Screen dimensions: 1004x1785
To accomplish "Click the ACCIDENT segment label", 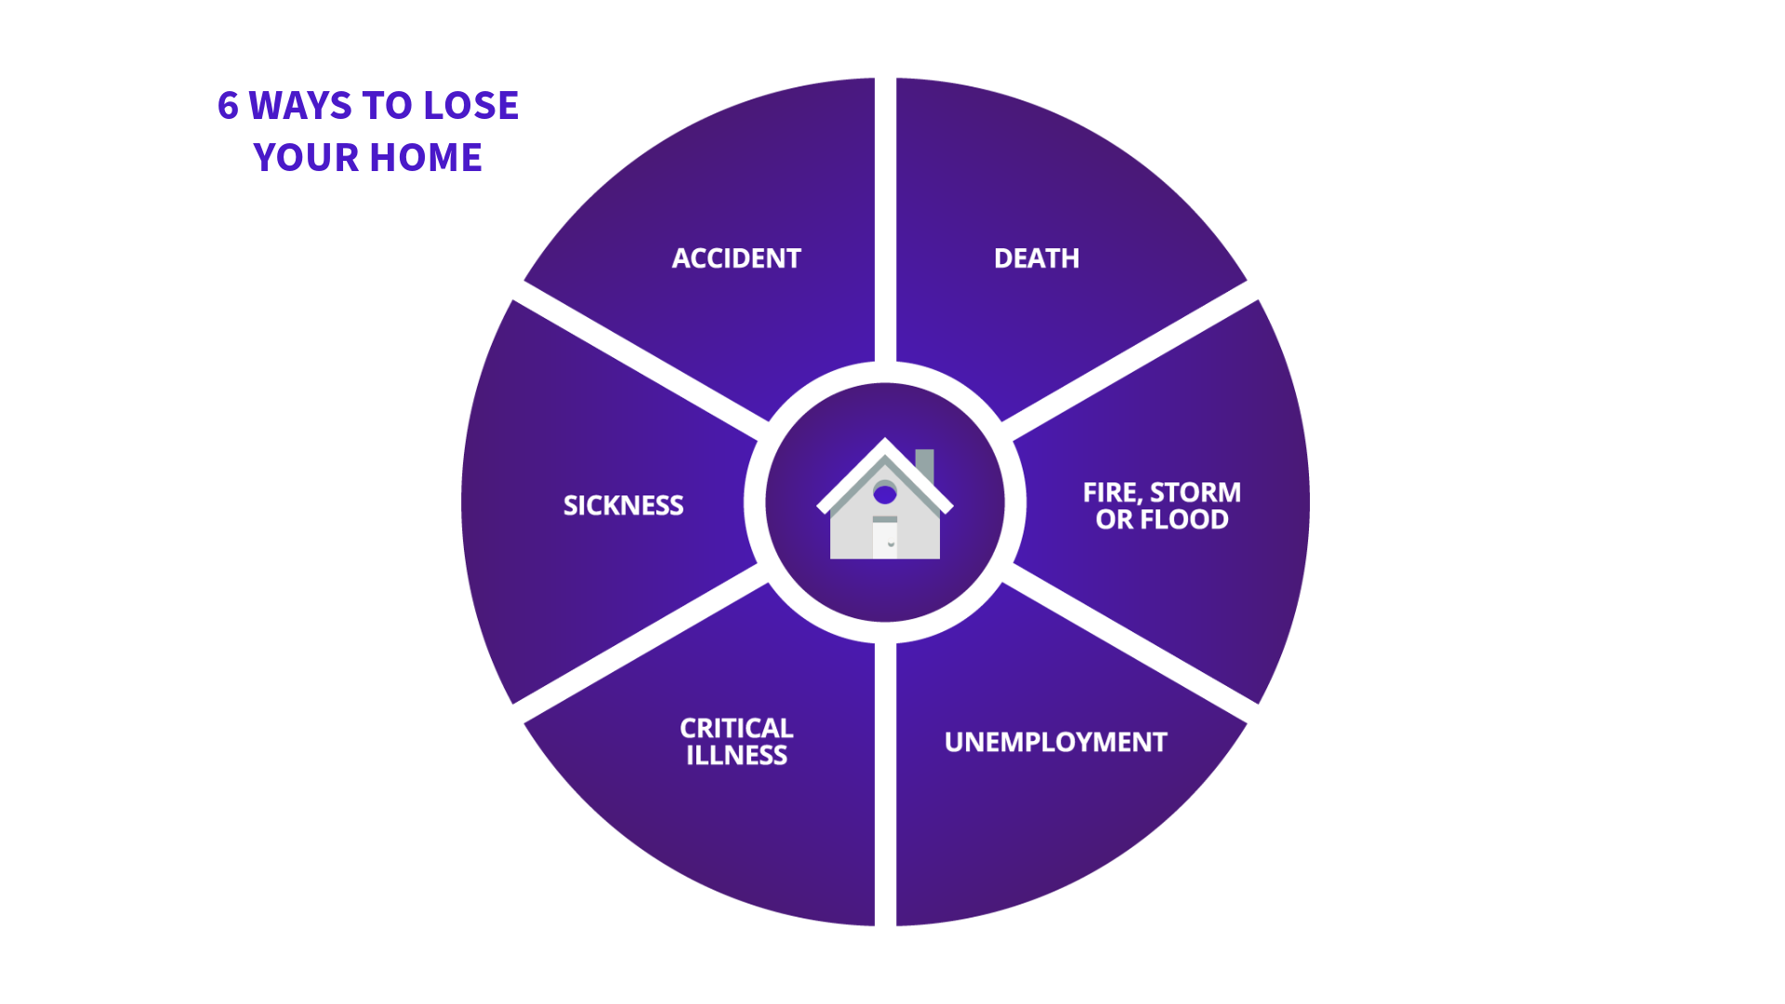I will pos(736,258).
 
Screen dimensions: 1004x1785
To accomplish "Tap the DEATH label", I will pos(1037,258).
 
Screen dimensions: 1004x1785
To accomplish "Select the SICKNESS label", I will pos(623,506).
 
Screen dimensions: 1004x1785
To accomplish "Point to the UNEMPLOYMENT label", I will pos(1055,743).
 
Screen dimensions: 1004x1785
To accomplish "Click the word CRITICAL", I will pos(736,728).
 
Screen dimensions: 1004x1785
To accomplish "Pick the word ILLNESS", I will pos(736,756).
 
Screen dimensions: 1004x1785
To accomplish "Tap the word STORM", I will pos(1195,493).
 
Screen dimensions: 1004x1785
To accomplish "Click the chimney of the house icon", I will pos(925,464).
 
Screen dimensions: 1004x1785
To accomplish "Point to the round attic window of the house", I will pos(885,494).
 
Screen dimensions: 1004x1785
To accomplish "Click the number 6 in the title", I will pos(228,106).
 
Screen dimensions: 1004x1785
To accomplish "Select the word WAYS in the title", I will pos(300,106).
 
